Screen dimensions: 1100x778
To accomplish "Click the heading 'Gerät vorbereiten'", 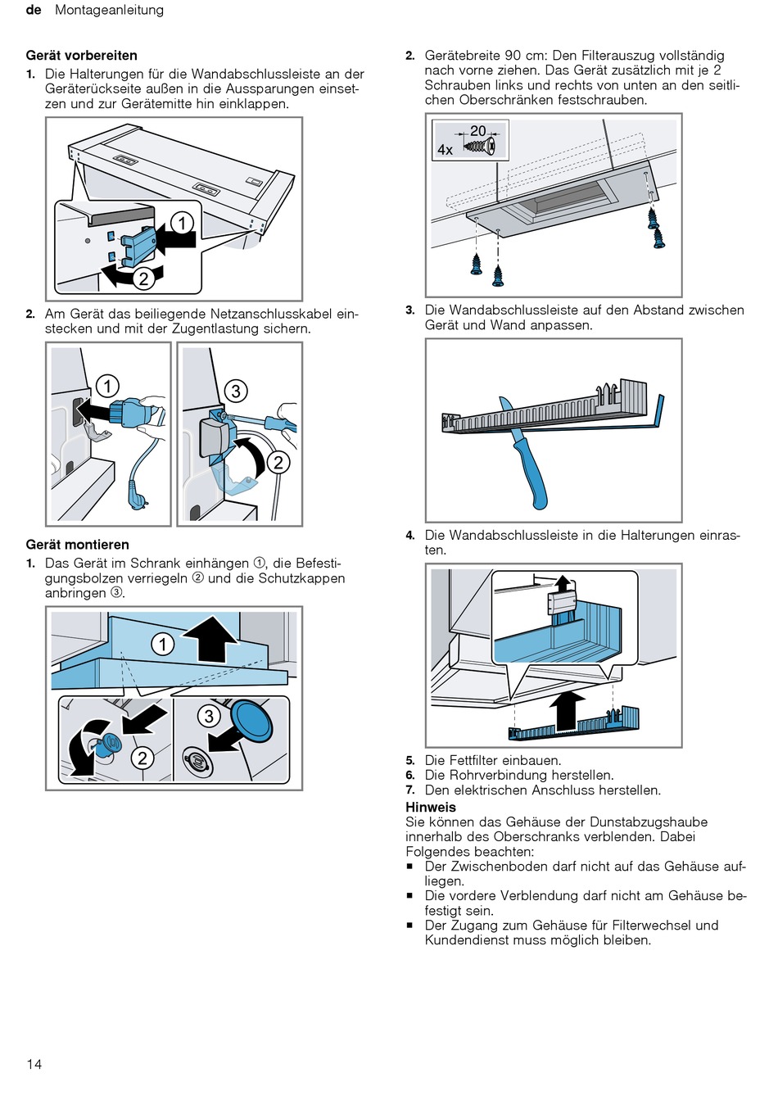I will pos(81,56).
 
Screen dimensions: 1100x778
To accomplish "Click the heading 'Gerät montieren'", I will pos(77,545).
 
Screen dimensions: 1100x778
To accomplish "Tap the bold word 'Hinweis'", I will pos(431,807).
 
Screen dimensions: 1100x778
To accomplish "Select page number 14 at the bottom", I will pos(34,1064).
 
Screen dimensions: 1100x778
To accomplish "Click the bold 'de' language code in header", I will pos(34,10).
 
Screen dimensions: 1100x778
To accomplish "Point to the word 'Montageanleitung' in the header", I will pos(109,10).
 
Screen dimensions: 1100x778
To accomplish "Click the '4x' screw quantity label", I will pos(445,150).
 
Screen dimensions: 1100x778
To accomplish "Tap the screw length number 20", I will pos(478,131).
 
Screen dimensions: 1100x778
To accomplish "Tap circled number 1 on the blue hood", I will pos(163,644).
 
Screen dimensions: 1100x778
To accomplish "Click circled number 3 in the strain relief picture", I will pos(236,391).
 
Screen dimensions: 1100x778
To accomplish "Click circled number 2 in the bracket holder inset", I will pos(143,278).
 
